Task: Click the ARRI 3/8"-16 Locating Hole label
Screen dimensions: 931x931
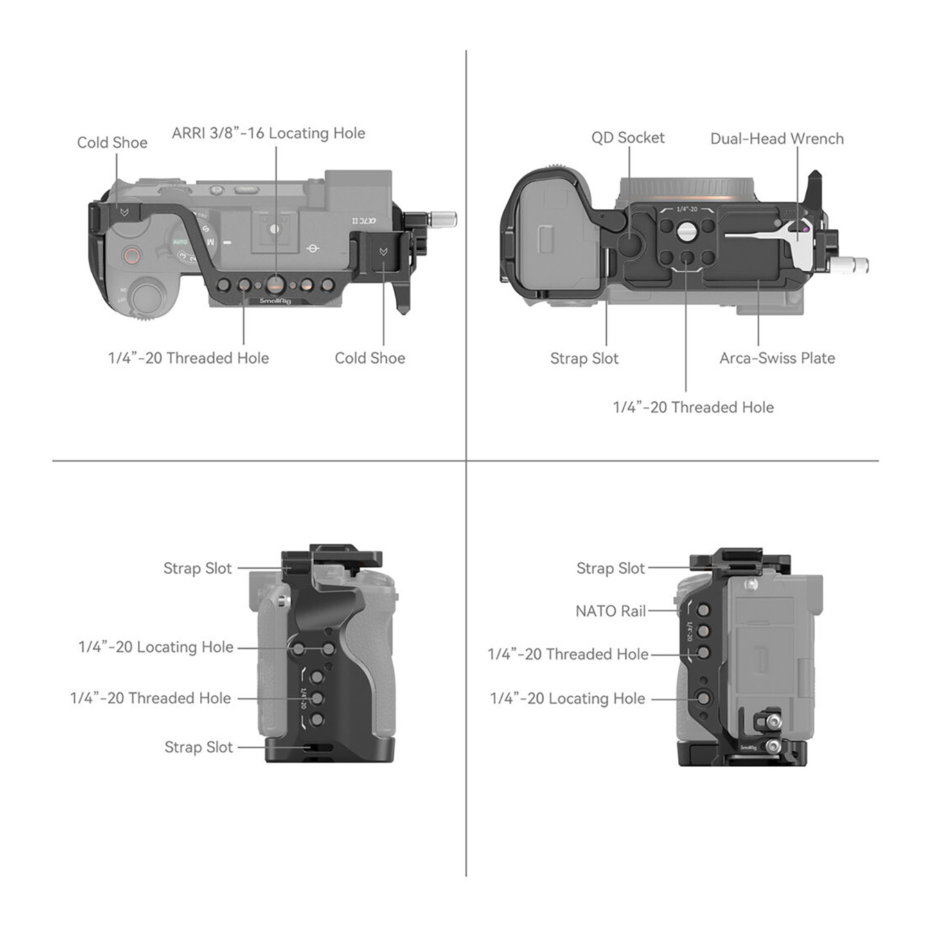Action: pyautogui.click(x=268, y=133)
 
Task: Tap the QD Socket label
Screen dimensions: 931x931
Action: pyautogui.click(x=628, y=138)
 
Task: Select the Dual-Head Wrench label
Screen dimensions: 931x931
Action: pyautogui.click(x=777, y=139)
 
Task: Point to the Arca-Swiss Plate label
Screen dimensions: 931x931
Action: pyautogui.click(x=777, y=358)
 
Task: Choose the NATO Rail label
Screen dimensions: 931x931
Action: pyautogui.click(x=610, y=611)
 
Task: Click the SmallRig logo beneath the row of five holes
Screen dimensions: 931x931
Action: pyautogui.click(x=275, y=301)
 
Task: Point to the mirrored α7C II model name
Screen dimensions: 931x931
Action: pyautogui.click(x=364, y=221)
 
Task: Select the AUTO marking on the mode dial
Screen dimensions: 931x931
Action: pyautogui.click(x=180, y=242)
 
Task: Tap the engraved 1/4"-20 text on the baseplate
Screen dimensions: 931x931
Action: pyautogui.click(x=686, y=209)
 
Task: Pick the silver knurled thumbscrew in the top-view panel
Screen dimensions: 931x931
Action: pyautogui.click(x=443, y=219)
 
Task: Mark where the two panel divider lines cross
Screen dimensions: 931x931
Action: pyautogui.click(x=466, y=461)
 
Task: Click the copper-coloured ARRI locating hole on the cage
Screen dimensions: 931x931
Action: pyautogui.click(x=276, y=284)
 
